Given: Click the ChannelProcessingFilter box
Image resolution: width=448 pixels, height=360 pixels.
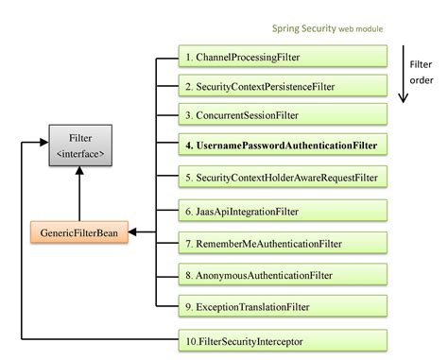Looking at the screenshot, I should [283, 57].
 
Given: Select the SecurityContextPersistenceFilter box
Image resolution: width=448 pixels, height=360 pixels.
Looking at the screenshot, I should [283, 86].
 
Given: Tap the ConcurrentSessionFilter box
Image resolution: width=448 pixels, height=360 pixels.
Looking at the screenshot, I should [283, 115].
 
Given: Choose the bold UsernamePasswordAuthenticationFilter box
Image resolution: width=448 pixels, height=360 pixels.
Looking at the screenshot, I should [283, 146].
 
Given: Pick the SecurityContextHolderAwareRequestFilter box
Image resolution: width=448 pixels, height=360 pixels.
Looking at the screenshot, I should [283, 176].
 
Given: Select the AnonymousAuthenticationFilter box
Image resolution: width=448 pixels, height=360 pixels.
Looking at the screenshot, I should [283, 275].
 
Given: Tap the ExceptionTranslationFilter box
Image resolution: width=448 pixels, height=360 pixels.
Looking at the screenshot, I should [283, 306].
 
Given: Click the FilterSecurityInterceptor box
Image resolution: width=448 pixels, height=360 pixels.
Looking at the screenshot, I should [283, 338].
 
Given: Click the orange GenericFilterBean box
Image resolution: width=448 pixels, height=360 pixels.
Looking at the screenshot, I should [79, 231].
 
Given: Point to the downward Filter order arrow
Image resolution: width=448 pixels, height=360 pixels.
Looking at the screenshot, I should [404, 85].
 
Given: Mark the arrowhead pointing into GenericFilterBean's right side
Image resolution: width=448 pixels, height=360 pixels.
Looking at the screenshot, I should [132, 231].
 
